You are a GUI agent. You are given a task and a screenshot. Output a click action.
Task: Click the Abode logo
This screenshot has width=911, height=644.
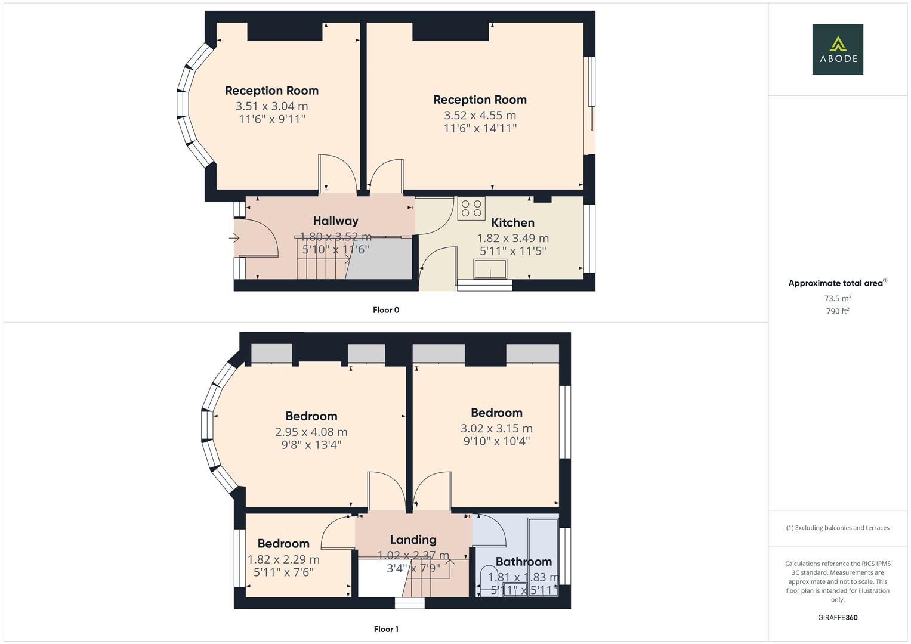[837, 49]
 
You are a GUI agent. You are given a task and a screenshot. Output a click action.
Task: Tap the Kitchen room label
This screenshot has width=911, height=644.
[512, 222]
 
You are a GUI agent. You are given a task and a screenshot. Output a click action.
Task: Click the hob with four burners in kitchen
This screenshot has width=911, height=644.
[471, 209]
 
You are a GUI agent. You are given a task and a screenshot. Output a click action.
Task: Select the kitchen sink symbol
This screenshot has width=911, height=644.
[490, 269]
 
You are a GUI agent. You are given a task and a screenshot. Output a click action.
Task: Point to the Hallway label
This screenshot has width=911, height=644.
[335, 221]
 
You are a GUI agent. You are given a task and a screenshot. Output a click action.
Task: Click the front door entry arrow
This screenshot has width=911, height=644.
[234, 239]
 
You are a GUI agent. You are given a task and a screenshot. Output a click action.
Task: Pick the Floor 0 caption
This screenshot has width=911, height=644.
[386, 310]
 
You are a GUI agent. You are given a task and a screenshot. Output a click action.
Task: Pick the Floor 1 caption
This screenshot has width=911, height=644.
[386, 629]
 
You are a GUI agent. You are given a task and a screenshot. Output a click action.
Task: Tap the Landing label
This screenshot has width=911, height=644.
[413, 540]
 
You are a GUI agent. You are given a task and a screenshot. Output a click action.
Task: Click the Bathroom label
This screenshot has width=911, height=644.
[523, 562]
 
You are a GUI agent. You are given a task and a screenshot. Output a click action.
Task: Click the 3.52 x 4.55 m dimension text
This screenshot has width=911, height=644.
[480, 115]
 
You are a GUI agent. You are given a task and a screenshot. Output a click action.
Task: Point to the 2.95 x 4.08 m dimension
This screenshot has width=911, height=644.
[311, 432]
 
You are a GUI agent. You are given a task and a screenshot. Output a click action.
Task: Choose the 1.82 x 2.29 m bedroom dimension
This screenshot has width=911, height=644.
[283, 559]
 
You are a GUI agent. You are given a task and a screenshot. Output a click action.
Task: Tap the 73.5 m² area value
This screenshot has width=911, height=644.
[838, 298]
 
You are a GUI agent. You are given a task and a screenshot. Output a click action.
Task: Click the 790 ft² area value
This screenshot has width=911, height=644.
[838, 311]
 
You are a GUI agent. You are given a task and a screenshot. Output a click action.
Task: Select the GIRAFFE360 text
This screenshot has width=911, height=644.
[838, 618]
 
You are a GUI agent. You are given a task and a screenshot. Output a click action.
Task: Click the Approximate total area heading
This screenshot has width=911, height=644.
[835, 283]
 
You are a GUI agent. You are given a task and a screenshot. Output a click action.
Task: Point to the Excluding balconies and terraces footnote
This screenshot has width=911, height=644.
[838, 528]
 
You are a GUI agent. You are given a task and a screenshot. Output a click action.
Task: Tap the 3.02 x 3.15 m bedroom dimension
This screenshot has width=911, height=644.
[496, 428]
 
